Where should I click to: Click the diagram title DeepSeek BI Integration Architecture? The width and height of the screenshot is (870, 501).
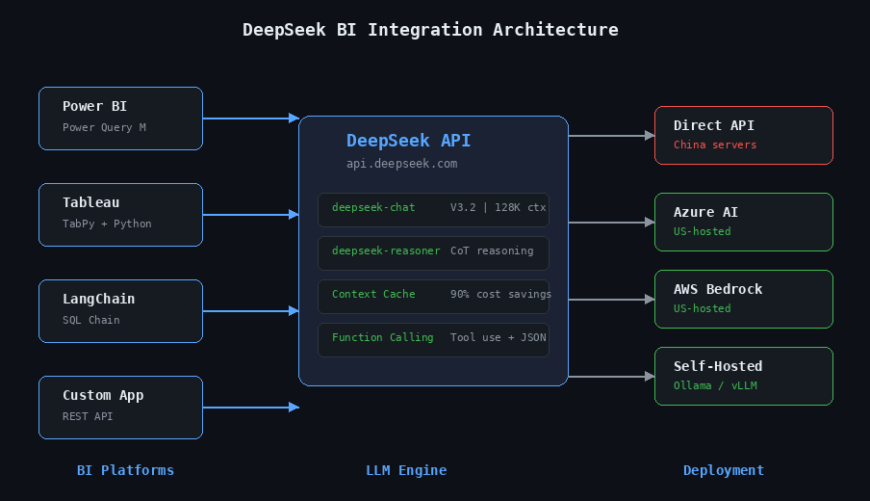430,30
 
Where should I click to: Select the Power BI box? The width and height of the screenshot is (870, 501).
120,118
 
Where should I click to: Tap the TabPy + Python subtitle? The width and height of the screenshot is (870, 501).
107,224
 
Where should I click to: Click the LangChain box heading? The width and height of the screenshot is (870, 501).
98,299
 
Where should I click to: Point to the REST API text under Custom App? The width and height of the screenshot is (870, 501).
88,416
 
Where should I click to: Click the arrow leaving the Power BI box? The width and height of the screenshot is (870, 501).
250,119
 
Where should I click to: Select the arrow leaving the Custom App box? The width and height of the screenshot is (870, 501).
250,408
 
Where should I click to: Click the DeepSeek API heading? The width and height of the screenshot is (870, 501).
408,141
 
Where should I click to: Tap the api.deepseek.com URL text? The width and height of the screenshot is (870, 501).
401,164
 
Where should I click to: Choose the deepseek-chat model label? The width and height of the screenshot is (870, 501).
373,207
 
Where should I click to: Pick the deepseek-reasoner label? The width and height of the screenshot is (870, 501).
386,250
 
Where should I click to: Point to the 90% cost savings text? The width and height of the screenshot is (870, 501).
500,294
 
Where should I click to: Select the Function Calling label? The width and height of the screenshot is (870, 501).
382,337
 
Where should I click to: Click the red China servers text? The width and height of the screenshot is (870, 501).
714,145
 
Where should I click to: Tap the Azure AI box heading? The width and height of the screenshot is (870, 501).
705,212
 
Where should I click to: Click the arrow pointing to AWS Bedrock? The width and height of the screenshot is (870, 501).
611,300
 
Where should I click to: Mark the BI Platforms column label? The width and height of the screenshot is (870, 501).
125,470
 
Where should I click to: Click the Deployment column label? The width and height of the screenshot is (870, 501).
723,470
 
